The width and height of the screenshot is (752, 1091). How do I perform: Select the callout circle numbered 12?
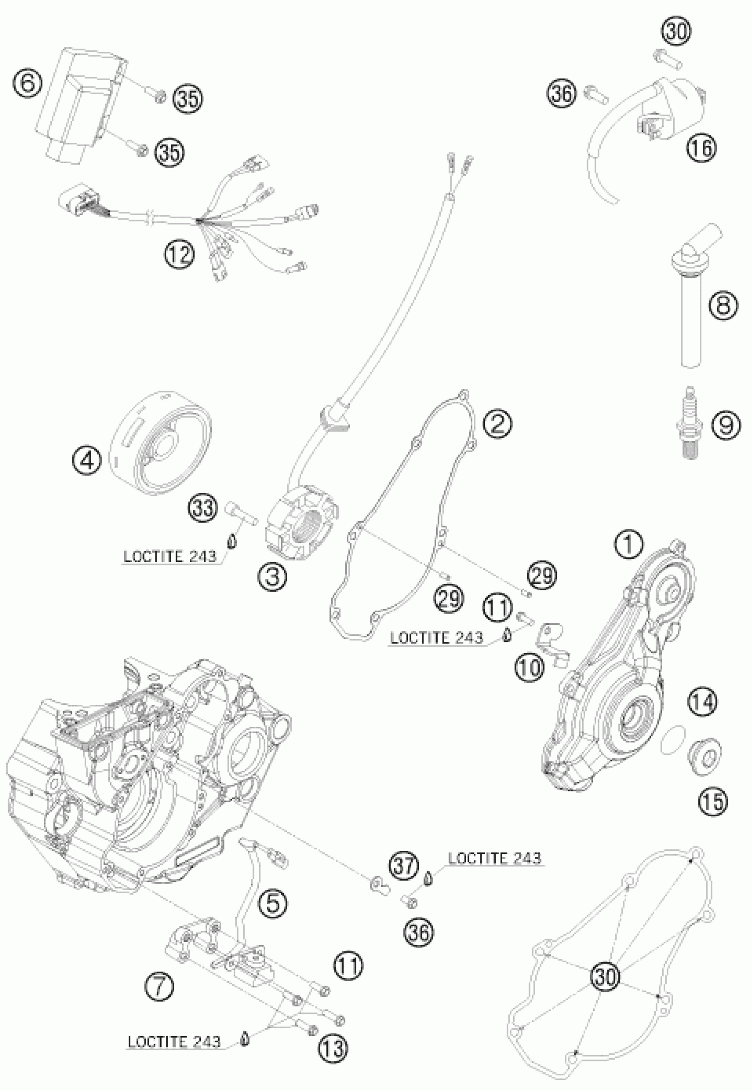pos(180,255)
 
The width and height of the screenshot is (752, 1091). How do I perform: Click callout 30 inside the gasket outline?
pos(605,976)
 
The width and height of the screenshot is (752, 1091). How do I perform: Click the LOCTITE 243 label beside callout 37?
pos(494,858)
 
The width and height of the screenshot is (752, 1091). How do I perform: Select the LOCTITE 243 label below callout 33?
pos(169,557)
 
